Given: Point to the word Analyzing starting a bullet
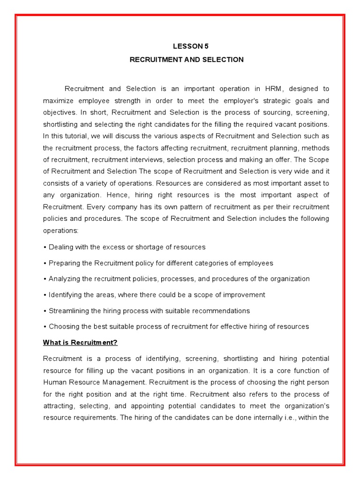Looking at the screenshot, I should pos(65,279).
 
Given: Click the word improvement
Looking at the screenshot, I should pos(244,295).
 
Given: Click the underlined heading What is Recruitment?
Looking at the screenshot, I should pos(80,343).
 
